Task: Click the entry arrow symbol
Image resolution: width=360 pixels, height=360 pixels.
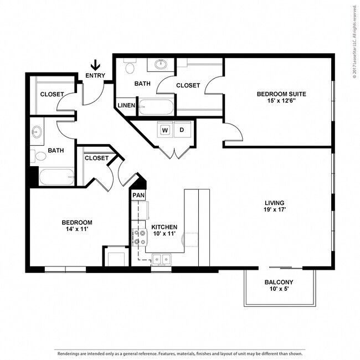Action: tap(95, 65)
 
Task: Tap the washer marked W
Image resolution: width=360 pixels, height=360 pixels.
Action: tap(165, 130)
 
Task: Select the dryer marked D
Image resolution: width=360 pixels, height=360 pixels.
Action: tap(182, 130)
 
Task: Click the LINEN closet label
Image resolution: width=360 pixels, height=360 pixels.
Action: tap(126, 105)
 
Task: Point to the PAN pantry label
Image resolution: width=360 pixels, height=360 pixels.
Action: tap(138, 195)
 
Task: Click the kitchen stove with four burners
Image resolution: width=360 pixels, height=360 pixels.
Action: tap(140, 238)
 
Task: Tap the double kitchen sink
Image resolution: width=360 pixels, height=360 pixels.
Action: tap(162, 260)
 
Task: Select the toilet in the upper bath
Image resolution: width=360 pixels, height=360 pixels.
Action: tap(130, 66)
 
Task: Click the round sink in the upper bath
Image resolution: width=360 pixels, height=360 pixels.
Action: tap(161, 64)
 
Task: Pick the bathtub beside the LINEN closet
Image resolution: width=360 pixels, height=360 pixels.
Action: tap(156, 107)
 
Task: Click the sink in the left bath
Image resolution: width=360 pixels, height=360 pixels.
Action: tap(37, 132)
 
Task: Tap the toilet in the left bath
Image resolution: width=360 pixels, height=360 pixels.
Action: tap(38, 156)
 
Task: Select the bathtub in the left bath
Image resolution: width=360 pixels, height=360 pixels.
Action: tap(56, 177)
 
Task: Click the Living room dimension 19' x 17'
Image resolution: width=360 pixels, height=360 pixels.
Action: tap(275, 209)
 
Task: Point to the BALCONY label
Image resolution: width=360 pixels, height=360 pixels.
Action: tap(279, 282)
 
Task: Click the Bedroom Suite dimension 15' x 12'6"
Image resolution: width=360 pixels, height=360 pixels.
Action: tap(281, 101)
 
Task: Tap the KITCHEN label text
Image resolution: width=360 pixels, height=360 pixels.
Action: tap(164, 227)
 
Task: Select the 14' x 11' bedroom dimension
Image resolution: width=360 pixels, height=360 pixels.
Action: tap(77, 229)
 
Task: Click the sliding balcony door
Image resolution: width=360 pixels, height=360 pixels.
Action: tap(281, 268)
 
